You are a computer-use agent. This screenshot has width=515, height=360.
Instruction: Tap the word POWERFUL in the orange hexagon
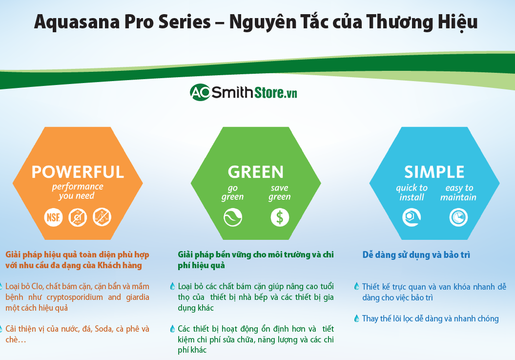78,172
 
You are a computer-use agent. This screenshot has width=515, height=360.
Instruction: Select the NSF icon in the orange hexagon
53,216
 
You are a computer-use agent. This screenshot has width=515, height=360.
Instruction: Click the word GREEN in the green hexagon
255,172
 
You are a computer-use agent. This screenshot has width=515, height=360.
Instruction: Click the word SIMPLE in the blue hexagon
434,172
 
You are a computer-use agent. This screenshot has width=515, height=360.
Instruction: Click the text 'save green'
280,192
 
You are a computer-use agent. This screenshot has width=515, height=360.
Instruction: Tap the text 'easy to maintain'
458,192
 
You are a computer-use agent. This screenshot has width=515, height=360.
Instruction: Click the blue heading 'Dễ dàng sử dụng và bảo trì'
416,255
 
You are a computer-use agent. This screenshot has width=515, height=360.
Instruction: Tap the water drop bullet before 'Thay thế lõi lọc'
357,318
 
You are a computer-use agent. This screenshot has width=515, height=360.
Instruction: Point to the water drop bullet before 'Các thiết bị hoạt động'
172,329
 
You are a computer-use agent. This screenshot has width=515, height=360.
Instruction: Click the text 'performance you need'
78,191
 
